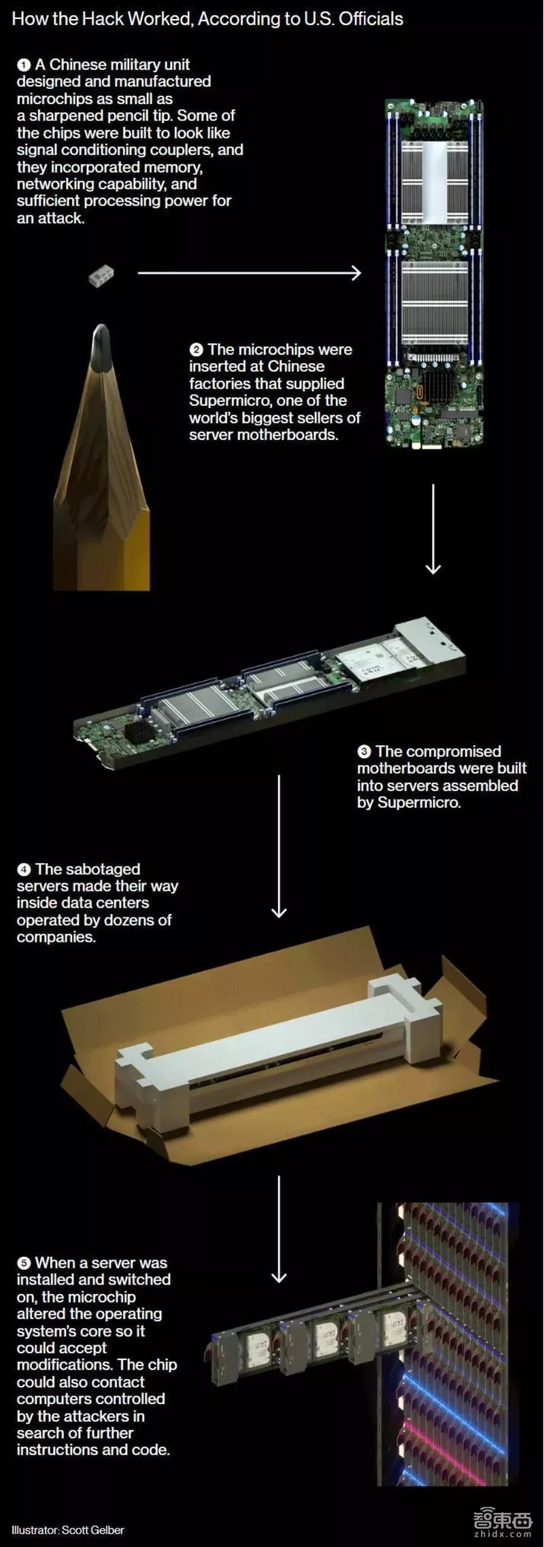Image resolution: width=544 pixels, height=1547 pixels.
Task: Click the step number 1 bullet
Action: click(24, 65)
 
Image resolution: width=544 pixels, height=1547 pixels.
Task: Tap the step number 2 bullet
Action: click(196, 350)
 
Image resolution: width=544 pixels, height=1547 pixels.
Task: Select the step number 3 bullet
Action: click(364, 752)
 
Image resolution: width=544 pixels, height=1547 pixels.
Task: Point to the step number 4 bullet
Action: click(24, 870)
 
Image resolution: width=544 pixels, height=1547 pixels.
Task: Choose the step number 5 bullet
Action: click(24, 1263)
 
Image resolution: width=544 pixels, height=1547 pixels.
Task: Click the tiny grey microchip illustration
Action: click(101, 275)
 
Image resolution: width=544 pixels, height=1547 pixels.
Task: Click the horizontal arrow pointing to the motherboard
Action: click(250, 273)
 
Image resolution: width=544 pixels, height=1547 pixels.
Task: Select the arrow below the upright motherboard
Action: click(433, 529)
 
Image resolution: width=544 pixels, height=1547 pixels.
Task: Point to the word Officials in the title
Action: click(371, 19)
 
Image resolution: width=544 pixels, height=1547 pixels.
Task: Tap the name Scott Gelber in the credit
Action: click(93, 1530)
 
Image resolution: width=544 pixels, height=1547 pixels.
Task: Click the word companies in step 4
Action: click(56, 938)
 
